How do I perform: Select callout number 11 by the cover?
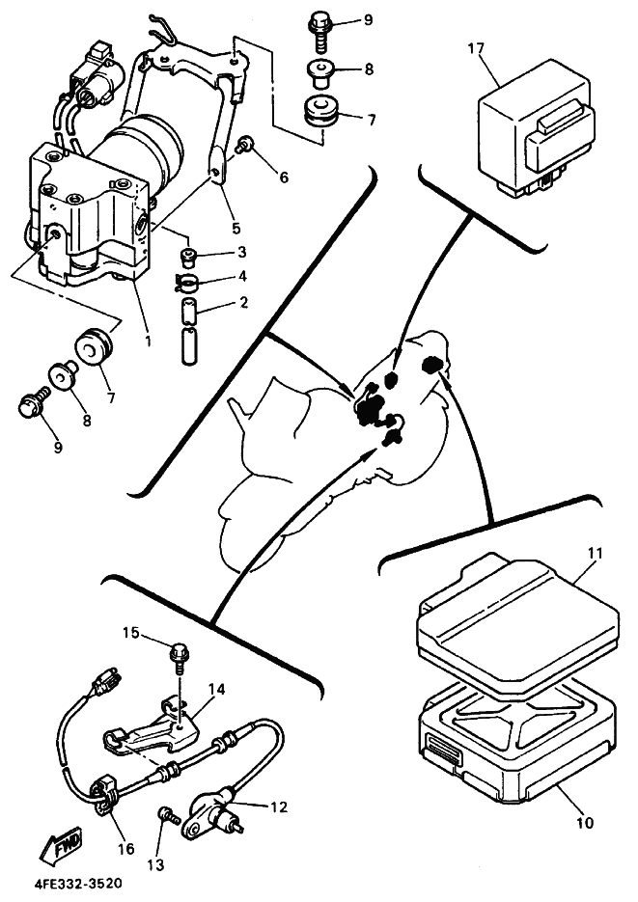[x=595, y=554]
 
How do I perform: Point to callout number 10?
[x=586, y=823]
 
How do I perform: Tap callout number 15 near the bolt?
[x=131, y=633]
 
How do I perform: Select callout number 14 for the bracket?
[x=216, y=690]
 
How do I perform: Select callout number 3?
[x=243, y=253]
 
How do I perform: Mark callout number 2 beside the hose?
[x=243, y=303]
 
